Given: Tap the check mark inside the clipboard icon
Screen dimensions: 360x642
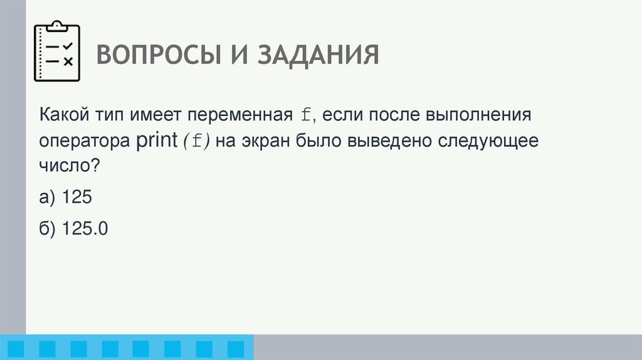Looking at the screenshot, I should coord(68,45).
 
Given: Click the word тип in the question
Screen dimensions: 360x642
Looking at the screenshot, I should coord(113,115).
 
